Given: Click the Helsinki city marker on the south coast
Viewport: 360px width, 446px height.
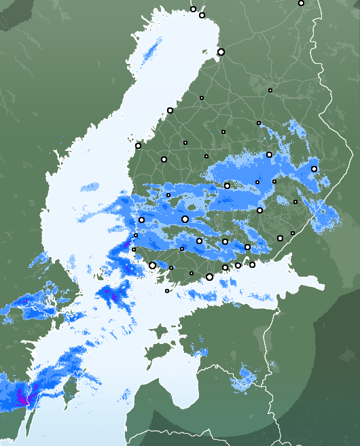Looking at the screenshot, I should (x=210, y=277).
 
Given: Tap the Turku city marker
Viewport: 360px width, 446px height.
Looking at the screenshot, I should (x=153, y=266).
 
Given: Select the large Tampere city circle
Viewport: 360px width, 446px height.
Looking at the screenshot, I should (x=185, y=219).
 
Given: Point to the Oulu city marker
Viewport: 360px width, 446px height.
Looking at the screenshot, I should (x=221, y=52).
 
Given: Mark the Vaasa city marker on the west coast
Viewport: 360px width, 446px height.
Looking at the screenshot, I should (x=139, y=145).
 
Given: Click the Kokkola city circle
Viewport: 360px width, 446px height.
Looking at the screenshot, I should (x=170, y=110).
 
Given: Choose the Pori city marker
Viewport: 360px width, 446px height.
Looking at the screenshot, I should (x=142, y=220).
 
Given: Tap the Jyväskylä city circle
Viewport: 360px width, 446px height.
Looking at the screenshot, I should (x=228, y=186).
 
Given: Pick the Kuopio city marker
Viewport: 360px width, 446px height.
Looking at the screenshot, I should (x=270, y=154).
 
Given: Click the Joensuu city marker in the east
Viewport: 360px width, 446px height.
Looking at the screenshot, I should (x=314, y=169).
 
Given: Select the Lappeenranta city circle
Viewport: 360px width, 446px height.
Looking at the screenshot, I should (x=280, y=238).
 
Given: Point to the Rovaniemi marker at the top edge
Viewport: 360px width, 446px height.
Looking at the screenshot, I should (x=193, y=10).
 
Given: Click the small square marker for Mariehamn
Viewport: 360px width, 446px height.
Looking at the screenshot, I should (x=167, y=291).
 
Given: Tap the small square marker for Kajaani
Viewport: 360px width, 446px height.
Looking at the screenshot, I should (x=270, y=90).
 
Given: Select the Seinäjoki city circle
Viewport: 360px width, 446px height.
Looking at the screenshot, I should (x=164, y=159).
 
